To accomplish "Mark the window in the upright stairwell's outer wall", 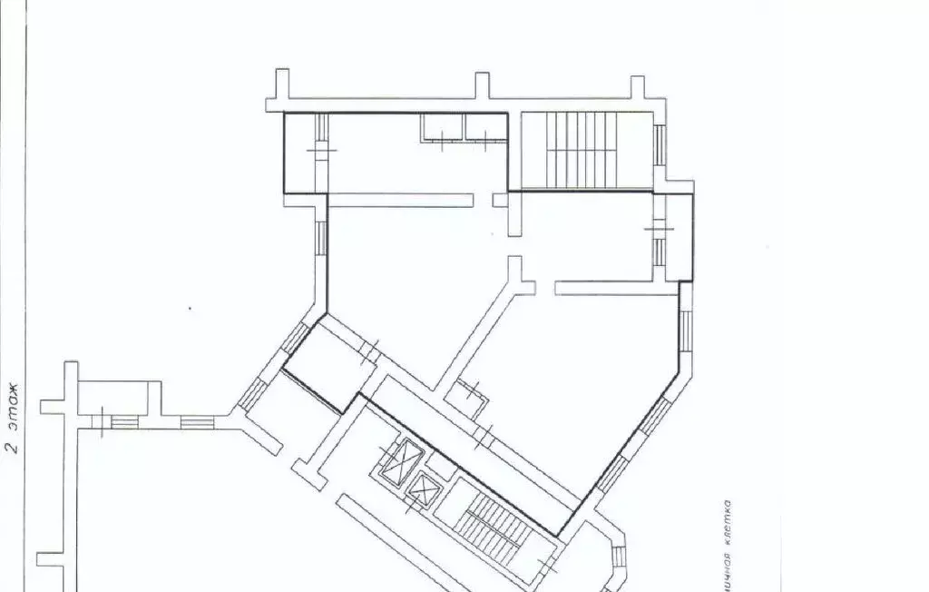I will coord(660,145).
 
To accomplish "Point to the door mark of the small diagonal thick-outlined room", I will coord(370,349).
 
